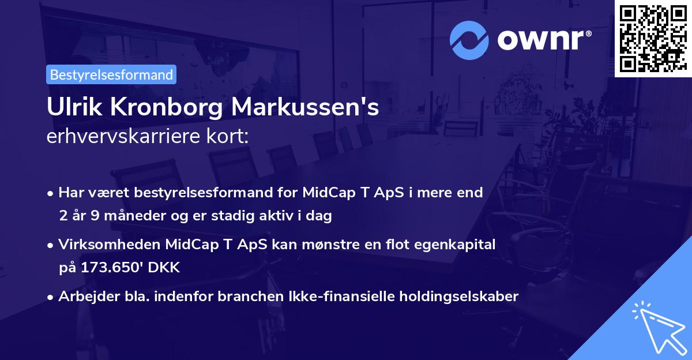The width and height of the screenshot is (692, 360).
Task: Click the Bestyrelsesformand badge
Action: (x=111, y=74)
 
